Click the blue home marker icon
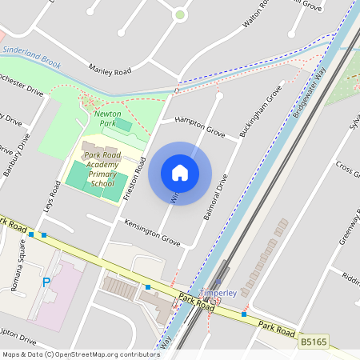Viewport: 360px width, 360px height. [180, 173]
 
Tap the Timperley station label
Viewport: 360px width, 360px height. [218, 293]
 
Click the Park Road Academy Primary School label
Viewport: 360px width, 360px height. [102, 169]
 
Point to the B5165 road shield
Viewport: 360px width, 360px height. [313, 342]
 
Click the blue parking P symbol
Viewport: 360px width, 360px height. [46, 282]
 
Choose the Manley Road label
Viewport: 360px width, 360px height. [110, 71]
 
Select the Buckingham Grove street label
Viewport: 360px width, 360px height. [261, 111]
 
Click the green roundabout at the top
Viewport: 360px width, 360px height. [180, 14]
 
